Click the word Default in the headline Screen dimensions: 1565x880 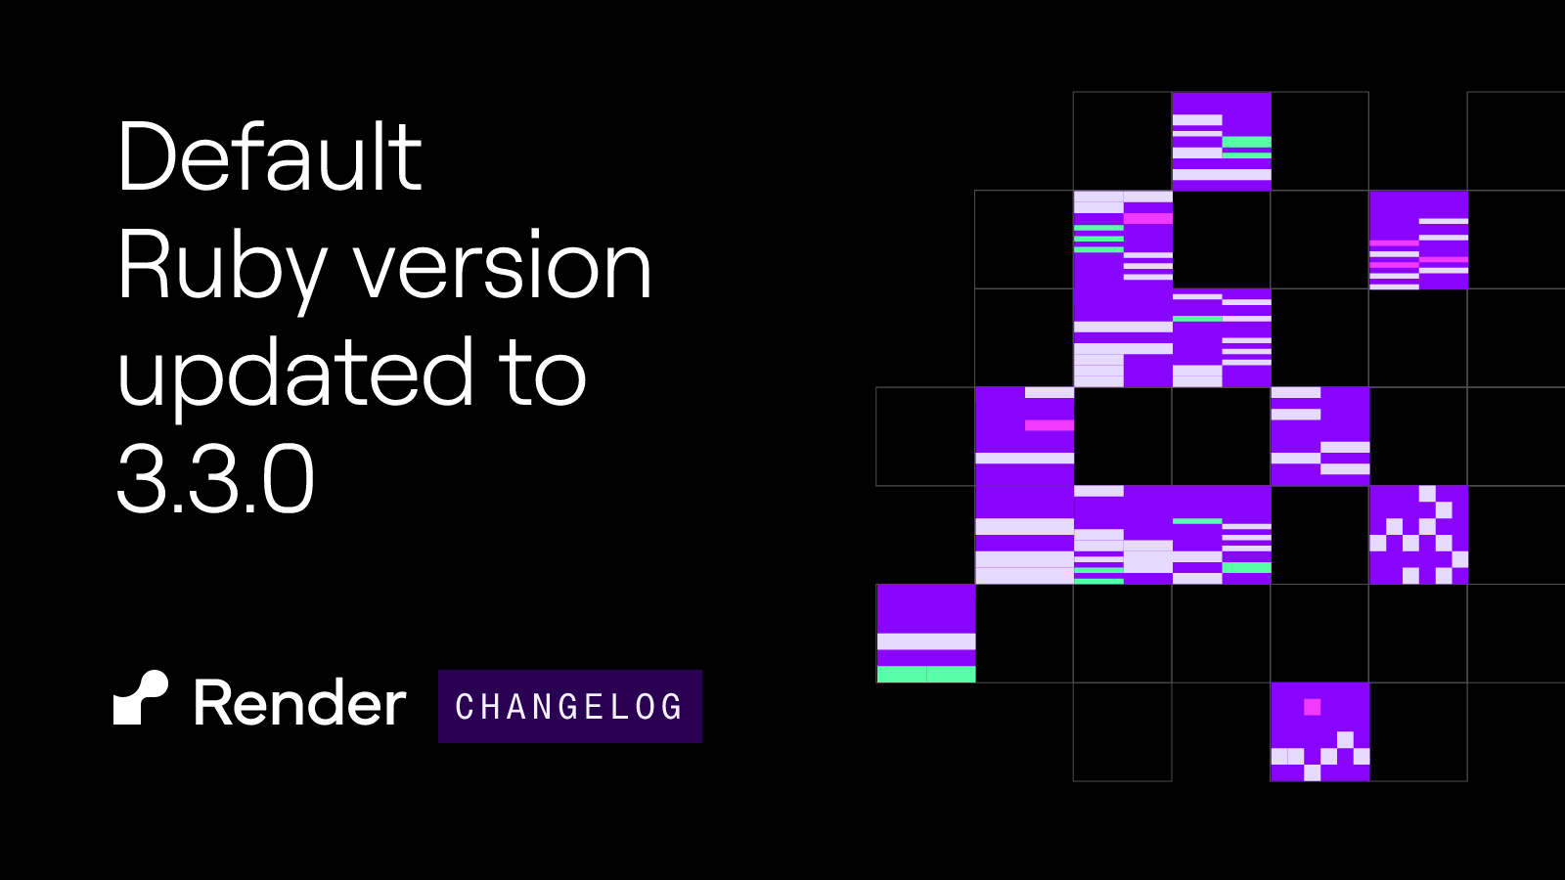270,155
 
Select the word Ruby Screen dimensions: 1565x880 222,272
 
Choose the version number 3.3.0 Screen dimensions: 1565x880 215,479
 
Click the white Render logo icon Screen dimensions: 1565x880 141,698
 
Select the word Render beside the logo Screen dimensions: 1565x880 299,702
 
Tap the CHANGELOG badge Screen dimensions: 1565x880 570,706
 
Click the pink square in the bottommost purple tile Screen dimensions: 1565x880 1312,707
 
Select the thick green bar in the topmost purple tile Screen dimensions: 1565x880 1246,142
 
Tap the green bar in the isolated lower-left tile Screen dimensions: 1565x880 925,674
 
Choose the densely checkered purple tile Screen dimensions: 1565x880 1418,535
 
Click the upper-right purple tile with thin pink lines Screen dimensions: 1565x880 1418,240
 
